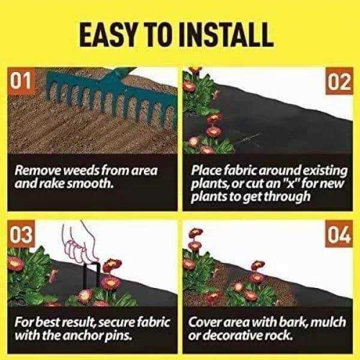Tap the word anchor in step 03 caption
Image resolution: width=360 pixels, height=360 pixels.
(94, 336)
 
